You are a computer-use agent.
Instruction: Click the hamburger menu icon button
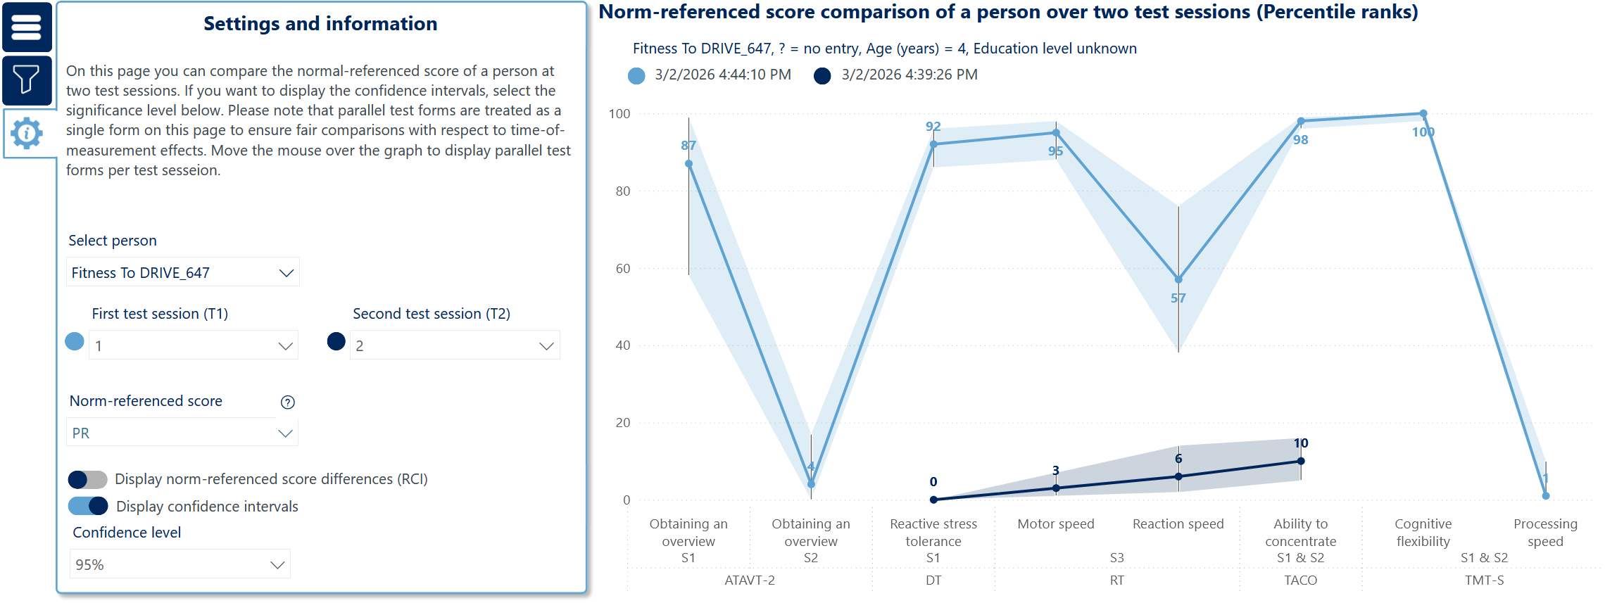click(x=27, y=27)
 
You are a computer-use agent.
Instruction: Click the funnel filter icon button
click(x=27, y=80)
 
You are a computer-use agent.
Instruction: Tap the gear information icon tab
click(x=27, y=133)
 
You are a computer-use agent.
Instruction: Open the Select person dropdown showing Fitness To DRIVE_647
click(x=182, y=272)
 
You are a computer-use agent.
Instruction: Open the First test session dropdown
click(x=194, y=345)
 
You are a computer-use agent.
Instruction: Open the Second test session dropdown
click(x=455, y=345)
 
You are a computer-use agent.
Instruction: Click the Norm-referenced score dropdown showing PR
click(x=182, y=433)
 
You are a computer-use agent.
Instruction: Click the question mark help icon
click(x=287, y=402)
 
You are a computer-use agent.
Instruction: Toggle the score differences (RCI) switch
click(x=88, y=480)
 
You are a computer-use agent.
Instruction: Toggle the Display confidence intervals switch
click(x=88, y=506)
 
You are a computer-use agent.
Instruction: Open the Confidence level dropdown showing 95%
click(x=180, y=564)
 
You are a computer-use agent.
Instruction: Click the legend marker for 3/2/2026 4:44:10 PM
click(x=636, y=75)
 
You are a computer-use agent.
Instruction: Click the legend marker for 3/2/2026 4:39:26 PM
click(x=822, y=75)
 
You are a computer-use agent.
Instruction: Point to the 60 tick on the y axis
click(x=623, y=268)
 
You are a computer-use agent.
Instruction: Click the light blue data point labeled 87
click(x=688, y=164)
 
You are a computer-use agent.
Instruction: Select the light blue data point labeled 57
click(x=1178, y=279)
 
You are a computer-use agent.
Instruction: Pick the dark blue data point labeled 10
click(x=1301, y=461)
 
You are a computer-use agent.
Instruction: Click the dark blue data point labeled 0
click(x=933, y=500)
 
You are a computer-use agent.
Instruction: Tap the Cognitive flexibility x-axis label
click(x=1423, y=533)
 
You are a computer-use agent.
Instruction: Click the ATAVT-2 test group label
click(x=750, y=580)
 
